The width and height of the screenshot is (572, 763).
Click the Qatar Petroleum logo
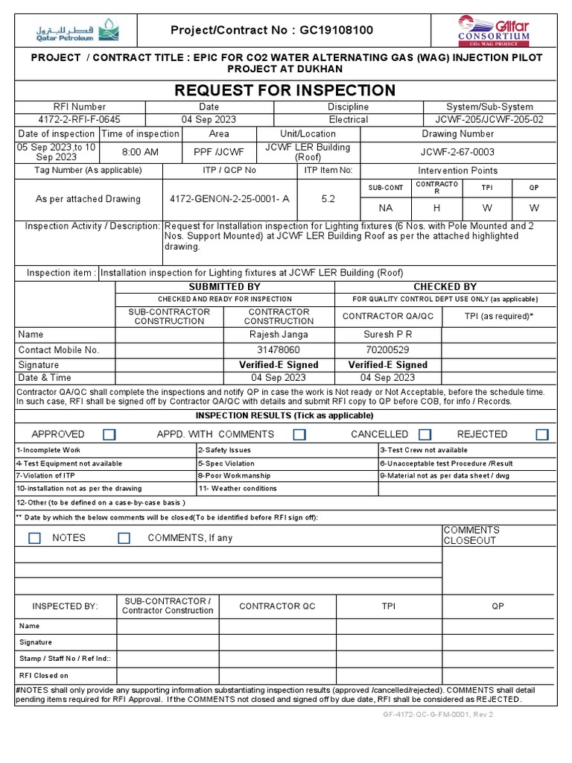tap(75, 31)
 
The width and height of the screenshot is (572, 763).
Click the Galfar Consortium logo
tap(493, 31)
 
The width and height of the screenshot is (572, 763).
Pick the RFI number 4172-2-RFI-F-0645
tap(69, 120)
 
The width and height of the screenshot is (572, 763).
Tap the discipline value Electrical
tap(349, 120)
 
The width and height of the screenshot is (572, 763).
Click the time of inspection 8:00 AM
tap(140, 152)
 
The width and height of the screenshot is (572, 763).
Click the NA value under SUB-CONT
tap(385, 208)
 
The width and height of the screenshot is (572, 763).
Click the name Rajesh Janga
tap(279, 335)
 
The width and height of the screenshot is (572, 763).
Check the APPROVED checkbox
tap(109, 434)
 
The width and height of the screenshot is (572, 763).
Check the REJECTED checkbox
tap(542, 434)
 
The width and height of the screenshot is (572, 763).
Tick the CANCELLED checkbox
tap(425, 434)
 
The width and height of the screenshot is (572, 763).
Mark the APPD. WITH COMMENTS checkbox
tap(299, 434)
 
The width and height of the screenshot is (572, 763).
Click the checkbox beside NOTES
tap(35, 538)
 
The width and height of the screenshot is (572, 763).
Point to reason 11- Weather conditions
tap(238, 489)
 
